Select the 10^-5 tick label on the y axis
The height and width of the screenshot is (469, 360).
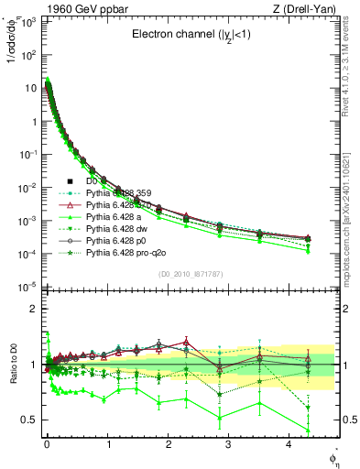pos(28,287)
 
